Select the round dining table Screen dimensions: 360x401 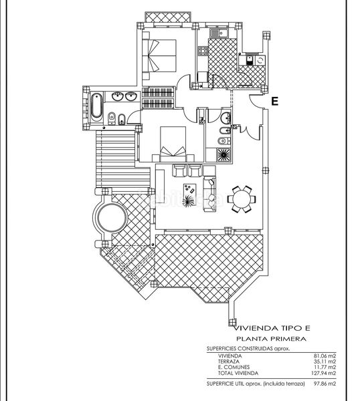242,199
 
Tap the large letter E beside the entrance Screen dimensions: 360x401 275,102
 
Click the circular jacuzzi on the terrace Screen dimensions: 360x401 112,218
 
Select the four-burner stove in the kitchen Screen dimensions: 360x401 203,51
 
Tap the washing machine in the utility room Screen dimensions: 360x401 260,60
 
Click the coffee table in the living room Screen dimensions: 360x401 190,190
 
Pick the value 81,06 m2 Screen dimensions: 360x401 325,356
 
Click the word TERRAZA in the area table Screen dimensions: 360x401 229,362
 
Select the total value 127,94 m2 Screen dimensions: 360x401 323,373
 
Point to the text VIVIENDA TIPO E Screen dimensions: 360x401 273,328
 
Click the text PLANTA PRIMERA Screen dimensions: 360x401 271,339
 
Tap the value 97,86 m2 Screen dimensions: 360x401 325,384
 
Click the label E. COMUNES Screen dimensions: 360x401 234,367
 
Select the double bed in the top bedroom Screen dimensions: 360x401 159,55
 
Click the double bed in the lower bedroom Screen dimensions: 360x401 173,144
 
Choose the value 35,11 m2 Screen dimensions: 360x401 325,362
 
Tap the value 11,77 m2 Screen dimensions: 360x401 325,367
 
